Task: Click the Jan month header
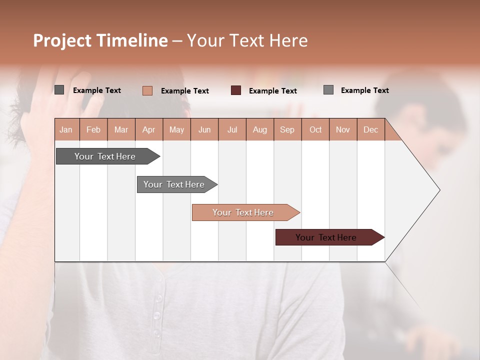pos(66,129)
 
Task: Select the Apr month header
pos(148,129)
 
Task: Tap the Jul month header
pos(232,129)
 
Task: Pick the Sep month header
pos(287,129)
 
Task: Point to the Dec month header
pos(370,129)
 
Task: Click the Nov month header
pos(342,129)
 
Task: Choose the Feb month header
pos(93,129)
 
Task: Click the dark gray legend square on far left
pos(59,90)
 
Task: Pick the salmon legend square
pos(147,90)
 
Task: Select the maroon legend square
pos(236,90)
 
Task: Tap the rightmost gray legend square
pos(328,90)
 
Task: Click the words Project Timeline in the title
pos(100,40)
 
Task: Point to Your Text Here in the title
pos(247,40)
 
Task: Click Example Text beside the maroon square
pos(272,90)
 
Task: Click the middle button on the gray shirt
pos(157,315)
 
